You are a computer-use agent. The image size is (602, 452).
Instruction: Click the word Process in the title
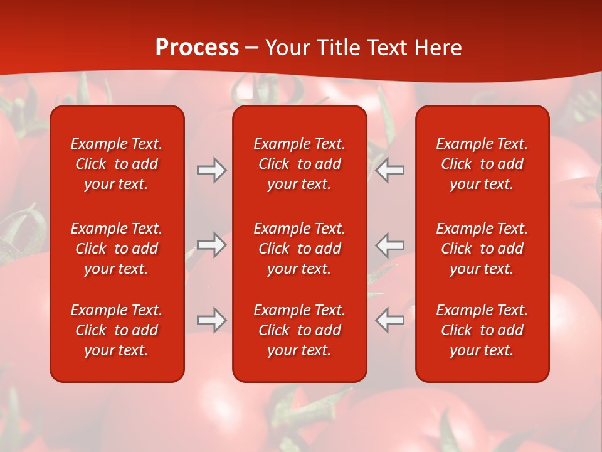click(x=197, y=48)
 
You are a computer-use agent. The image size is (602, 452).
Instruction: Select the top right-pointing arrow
click(x=212, y=170)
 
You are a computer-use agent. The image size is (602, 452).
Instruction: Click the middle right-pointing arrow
click(x=212, y=245)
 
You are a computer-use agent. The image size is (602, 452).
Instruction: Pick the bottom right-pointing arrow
click(x=212, y=320)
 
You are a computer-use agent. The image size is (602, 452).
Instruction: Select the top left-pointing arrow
click(x=389, y=170)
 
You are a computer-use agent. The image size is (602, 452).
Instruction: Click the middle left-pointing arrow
click(x=389, y=245)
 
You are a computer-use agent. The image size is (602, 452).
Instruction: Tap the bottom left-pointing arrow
click(x=389, y=320)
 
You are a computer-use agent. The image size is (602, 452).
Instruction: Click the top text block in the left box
click(x=117, y=164)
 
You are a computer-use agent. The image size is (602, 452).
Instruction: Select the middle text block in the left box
click(x=117, y=249)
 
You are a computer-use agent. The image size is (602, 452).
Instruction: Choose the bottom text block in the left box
click(x=117, y=330)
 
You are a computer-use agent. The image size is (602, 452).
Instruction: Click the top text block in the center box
click(x=299, y=164)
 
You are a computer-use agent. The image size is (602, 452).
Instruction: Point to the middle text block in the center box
click(x=299, y=249)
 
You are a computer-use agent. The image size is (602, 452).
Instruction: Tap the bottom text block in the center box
click(x=299, y=330)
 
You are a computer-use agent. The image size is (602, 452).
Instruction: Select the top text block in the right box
click(x=482, y=164)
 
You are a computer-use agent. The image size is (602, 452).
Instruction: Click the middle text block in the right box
click(x=482, y=249)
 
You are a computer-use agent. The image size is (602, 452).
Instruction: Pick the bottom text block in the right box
click(x=482, y=330)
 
